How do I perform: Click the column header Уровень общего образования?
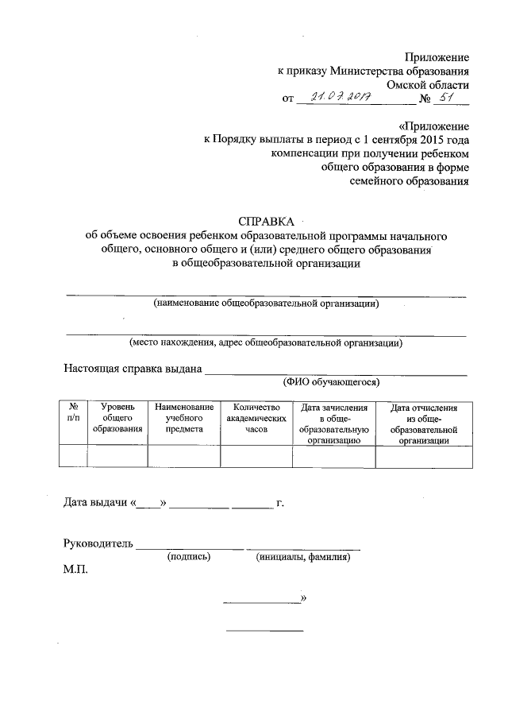117,418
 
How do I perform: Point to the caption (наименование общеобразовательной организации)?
266,303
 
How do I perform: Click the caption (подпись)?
188,558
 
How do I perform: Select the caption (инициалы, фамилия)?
303,558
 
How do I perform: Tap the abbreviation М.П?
77,570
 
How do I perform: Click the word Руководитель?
98,544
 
